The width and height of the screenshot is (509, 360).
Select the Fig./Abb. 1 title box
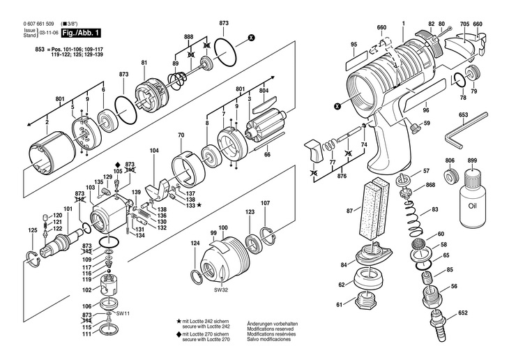(x=81, y=33)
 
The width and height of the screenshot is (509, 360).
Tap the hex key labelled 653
(x=466, y=130)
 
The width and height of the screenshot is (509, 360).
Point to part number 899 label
(x=472, y=160)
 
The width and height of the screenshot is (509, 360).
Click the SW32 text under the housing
(x=221, y=290)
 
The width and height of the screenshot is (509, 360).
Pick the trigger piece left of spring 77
(x=312, y=151)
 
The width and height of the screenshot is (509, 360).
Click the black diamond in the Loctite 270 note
(x=178, y=334)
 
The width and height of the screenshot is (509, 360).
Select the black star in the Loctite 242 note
(x=178, y=322)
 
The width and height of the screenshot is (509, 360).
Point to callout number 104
(x=154, y=151)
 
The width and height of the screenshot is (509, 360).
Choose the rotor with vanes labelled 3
(x=266, y=126)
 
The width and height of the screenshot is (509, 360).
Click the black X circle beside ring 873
(x=251, y=38)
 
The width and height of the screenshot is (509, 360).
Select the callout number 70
(x=181, y=135)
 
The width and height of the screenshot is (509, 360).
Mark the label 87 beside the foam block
(x=349, y=211)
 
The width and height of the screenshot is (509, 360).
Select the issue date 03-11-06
(x=49, y=33)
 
